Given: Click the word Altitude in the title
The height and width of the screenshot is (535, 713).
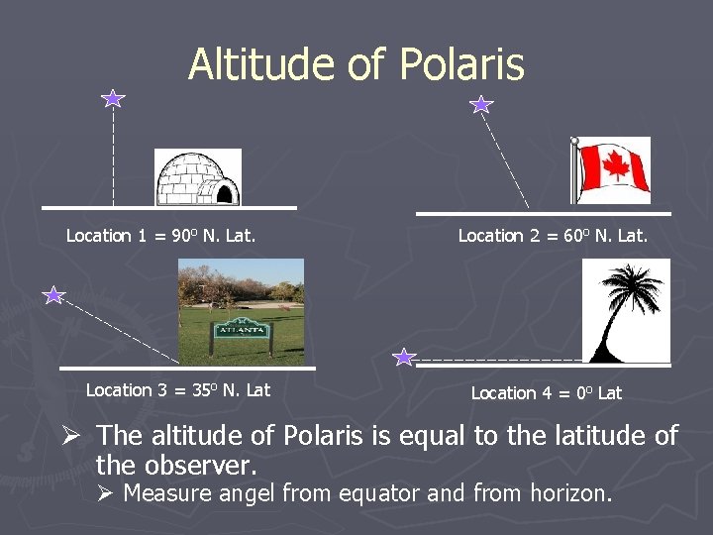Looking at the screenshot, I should (260, 65).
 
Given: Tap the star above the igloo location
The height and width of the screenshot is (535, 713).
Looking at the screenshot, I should (113, 98).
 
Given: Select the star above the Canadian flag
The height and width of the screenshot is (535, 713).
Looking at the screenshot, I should (480, 104).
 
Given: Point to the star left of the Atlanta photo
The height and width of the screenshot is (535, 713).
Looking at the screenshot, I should (53, 295).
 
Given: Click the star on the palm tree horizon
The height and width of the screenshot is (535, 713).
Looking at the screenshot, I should (404, 357).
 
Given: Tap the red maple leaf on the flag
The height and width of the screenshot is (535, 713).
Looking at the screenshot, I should (616, 166).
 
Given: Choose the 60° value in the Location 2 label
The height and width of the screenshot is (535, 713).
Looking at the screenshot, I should (575, 236).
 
